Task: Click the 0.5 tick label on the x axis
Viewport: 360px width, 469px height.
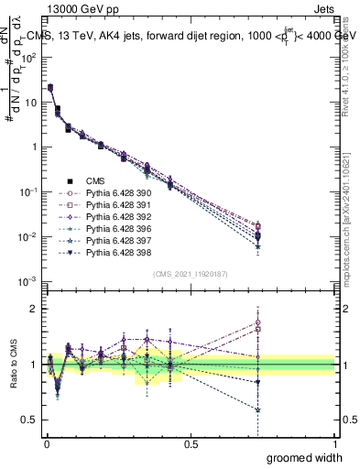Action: point(191,444)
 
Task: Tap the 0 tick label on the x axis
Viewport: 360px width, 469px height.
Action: point(46,444)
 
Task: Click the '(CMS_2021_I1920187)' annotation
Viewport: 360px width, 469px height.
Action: point(190,274)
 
